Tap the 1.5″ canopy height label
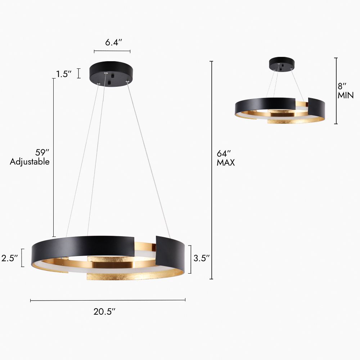(64, 74)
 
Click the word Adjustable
(30, 162)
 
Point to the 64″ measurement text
(224, 152)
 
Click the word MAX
(226, 163)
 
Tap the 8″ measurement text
(342, 86)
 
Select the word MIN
(346, 95)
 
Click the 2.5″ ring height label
(10, 258)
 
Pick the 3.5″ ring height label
(202, 258)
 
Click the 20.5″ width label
(104, 312)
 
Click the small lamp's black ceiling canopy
(282, 63)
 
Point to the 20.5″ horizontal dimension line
(108, 300)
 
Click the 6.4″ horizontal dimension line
(112, 51)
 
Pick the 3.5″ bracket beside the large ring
(190, 259)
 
